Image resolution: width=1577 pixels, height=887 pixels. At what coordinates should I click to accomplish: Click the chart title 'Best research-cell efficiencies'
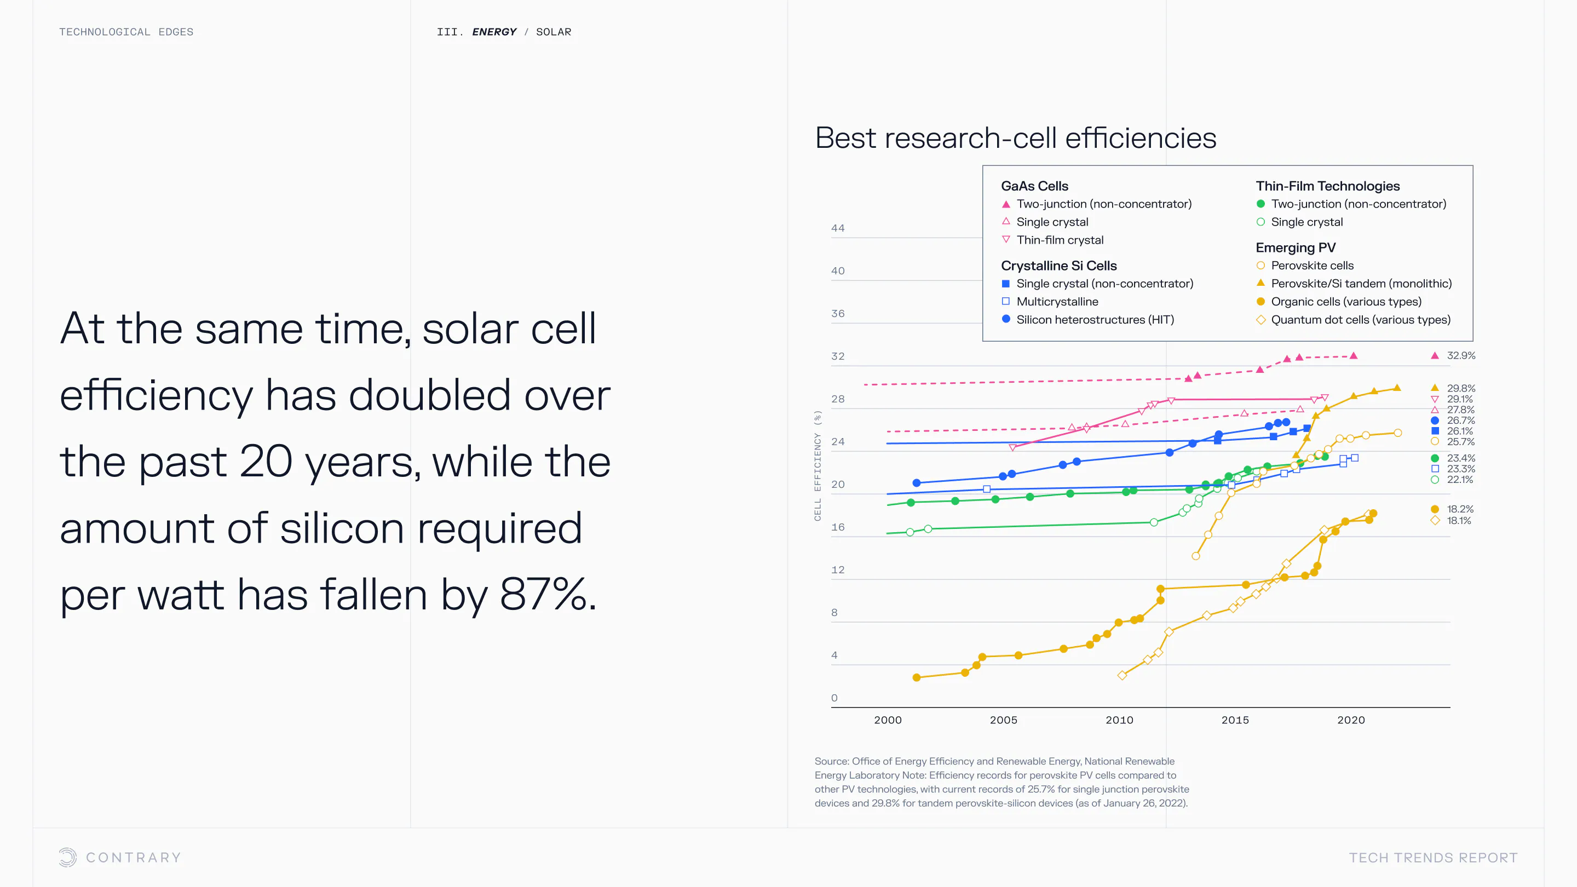(x=1015, y=138)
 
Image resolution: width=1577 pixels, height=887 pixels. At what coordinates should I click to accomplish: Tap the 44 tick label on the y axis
(x=837, y=228)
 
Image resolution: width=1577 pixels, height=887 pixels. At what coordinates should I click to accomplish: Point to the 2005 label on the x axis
(x=1003, y=720)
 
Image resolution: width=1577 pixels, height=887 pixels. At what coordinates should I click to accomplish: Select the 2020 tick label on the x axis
(x=1350, y=720)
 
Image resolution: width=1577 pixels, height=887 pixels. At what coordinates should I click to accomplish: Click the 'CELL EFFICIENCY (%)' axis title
(x=818, y=465)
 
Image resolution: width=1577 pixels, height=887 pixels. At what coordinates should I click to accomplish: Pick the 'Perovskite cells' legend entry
(x=1312, y=266)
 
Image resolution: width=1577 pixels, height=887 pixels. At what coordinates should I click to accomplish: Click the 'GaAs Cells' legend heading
(x=1034, y=186)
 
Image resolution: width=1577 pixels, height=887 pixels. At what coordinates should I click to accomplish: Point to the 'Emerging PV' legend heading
(x=1296, y=248)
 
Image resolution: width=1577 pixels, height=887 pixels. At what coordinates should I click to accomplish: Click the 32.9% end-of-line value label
(x=1460, y=356)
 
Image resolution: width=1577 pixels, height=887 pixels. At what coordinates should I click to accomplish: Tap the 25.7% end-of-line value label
(x=1460, y=442)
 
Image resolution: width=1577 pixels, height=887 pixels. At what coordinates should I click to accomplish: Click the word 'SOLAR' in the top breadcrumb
(x=554, y=32)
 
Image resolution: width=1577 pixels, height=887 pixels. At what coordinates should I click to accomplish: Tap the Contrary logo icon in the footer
(x=68, y=857)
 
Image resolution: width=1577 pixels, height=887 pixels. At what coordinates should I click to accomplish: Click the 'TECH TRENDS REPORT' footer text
(x=1432, y=857)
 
